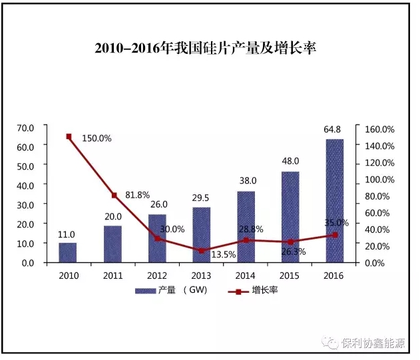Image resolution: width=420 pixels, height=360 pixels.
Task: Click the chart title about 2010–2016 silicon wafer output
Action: (x=209, y=49)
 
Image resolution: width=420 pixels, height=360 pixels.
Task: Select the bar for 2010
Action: (x=67, y=252)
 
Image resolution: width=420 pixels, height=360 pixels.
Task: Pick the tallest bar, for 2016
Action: (x=334, y=200)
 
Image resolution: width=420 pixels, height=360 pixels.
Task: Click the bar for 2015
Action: (x=290, y=217)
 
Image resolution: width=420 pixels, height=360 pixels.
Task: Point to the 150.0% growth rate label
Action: (x=97, y=138)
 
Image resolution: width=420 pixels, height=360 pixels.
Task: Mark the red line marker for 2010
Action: (x=69, y=136)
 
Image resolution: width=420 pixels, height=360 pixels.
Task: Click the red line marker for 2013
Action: (x=202, y=250)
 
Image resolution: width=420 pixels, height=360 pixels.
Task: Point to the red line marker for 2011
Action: (x=114, y=195)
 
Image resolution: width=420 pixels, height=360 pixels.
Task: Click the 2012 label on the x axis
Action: (x=157, y=274)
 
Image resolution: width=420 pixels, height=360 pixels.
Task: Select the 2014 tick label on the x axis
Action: (x=246, y=274)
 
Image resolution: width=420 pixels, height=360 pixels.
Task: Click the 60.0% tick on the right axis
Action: (x=379, y=212)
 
